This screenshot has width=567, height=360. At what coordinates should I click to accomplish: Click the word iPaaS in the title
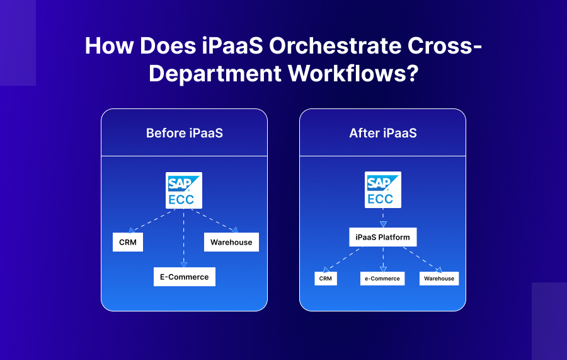(232, 47)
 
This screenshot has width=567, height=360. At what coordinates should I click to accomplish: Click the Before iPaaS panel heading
(184, 133)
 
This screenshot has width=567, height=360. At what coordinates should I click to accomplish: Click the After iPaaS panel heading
(382, 133)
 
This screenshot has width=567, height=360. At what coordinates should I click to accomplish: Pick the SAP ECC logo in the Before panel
(184, 190)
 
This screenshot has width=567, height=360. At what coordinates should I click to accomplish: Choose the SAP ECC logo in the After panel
(382, 190)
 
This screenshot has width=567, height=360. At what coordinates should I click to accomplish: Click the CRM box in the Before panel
(128, 242)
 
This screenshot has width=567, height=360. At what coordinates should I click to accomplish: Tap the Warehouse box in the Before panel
(231, 242)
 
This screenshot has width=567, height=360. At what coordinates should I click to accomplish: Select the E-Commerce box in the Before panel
(184, 277)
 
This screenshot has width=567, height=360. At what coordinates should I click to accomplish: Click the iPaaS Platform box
(382, 237)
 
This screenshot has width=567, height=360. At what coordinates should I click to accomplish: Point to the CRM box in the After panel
(325, 278)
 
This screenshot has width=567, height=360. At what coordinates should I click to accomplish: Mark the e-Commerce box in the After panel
(382, 278)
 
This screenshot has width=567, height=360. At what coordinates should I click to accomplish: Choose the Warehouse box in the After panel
(439, 278)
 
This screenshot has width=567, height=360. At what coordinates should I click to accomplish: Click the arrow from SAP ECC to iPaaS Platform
(382, 218)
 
